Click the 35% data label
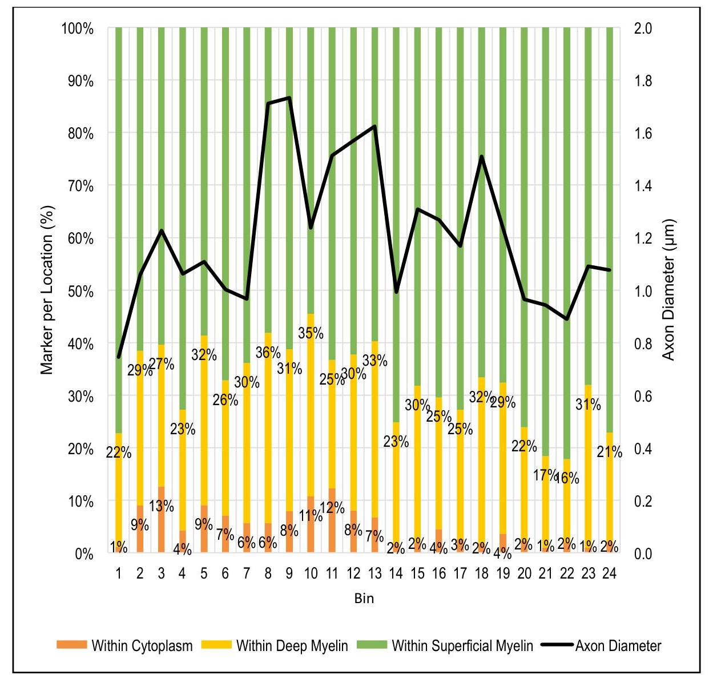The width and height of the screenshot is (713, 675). tap(311, 333)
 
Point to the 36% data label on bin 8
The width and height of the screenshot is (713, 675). tap(268, 353)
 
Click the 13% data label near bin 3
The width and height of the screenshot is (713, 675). tap(162, 506)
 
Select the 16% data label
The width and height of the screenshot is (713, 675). tap(567, 478)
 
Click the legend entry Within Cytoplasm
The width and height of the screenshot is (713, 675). tap(124, 646)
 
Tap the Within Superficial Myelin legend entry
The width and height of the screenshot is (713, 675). tap(445, 646)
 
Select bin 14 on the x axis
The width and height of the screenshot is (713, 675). tap(396, 573)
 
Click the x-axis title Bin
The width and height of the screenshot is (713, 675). tap(364, 599)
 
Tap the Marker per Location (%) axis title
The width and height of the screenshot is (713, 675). tap(47, 290)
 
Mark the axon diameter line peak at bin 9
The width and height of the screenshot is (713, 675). tap(289, 98)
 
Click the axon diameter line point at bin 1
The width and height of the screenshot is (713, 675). tap(119, 357)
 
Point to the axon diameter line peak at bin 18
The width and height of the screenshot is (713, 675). tap(482, 156)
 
